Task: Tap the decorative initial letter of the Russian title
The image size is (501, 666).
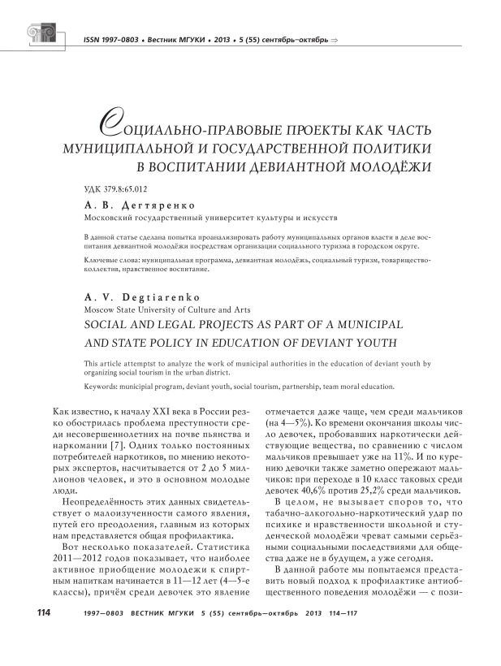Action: pos(107,124)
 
